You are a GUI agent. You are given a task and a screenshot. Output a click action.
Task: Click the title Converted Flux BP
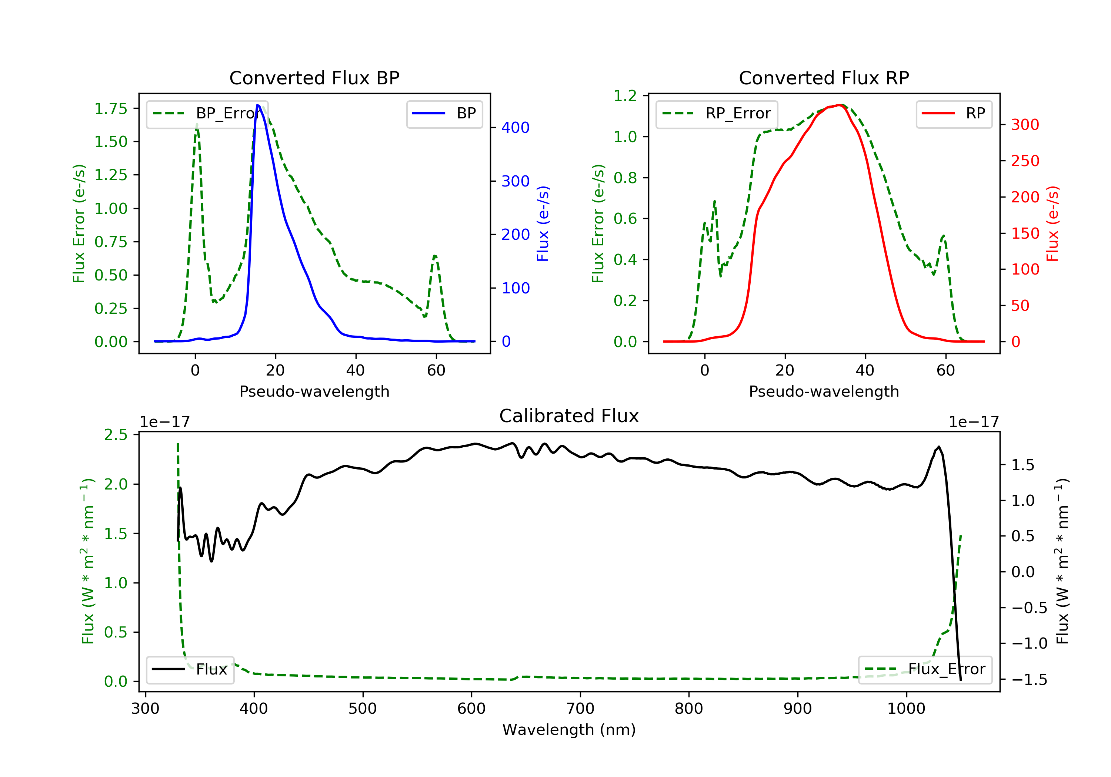point(314,78)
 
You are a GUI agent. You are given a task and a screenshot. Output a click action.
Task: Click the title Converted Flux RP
point(824,78)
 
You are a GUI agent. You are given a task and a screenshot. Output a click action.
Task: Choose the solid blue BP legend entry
point(444,114)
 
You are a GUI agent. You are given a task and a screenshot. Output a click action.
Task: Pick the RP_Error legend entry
point(717,114)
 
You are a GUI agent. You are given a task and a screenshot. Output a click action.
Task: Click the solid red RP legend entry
point(954,114)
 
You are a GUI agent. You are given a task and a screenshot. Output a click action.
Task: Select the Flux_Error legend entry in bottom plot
point(925,669)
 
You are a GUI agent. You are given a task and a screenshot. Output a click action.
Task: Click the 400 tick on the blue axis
point(516,128)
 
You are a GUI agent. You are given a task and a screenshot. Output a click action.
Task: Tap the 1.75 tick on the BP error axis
point(111,109)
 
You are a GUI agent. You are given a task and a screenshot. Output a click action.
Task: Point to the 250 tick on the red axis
point(1025,161)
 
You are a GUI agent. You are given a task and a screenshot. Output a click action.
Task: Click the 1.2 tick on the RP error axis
point(625,96)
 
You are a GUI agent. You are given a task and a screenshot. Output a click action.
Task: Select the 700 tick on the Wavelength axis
point(580,709)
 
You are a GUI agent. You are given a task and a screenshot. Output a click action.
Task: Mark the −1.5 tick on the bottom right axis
point(1029,680)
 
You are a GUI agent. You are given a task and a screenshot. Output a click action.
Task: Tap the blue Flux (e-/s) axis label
point(543,223)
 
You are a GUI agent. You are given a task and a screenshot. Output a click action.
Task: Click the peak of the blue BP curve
point(257,105)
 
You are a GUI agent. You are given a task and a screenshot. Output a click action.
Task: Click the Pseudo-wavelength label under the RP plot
point(824,391)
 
